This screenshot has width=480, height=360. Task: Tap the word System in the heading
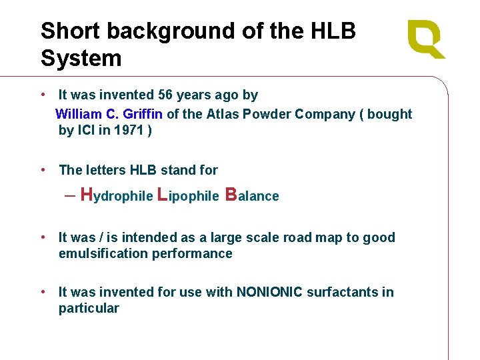click(81, 58)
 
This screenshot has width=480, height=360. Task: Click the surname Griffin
click(143, 114)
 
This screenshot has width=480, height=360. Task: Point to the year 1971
click(128, 130)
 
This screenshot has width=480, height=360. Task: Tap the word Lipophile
click(188, 195)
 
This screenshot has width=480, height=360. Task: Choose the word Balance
click(253, 195)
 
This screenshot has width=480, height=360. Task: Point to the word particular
click(89, 308)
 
